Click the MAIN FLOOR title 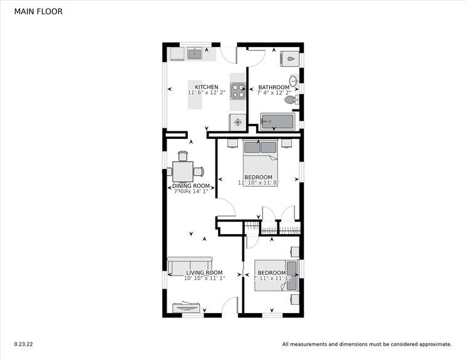[38, 11]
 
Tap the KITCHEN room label [207, 87]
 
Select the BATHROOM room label [274, 87]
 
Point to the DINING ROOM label [191, 186]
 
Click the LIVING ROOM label [204, 272]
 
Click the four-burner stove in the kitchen [238, 91]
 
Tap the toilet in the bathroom [290, 100]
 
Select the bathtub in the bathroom [277, 121]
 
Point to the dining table [183, 172]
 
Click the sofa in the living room [190, 265]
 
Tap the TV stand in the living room [187, 307]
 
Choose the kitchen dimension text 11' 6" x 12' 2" [207, 93]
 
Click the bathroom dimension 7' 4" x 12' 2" [274, 93]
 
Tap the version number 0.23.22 [23, 344]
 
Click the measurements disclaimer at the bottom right [366, 344]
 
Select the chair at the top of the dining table [183, 156]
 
